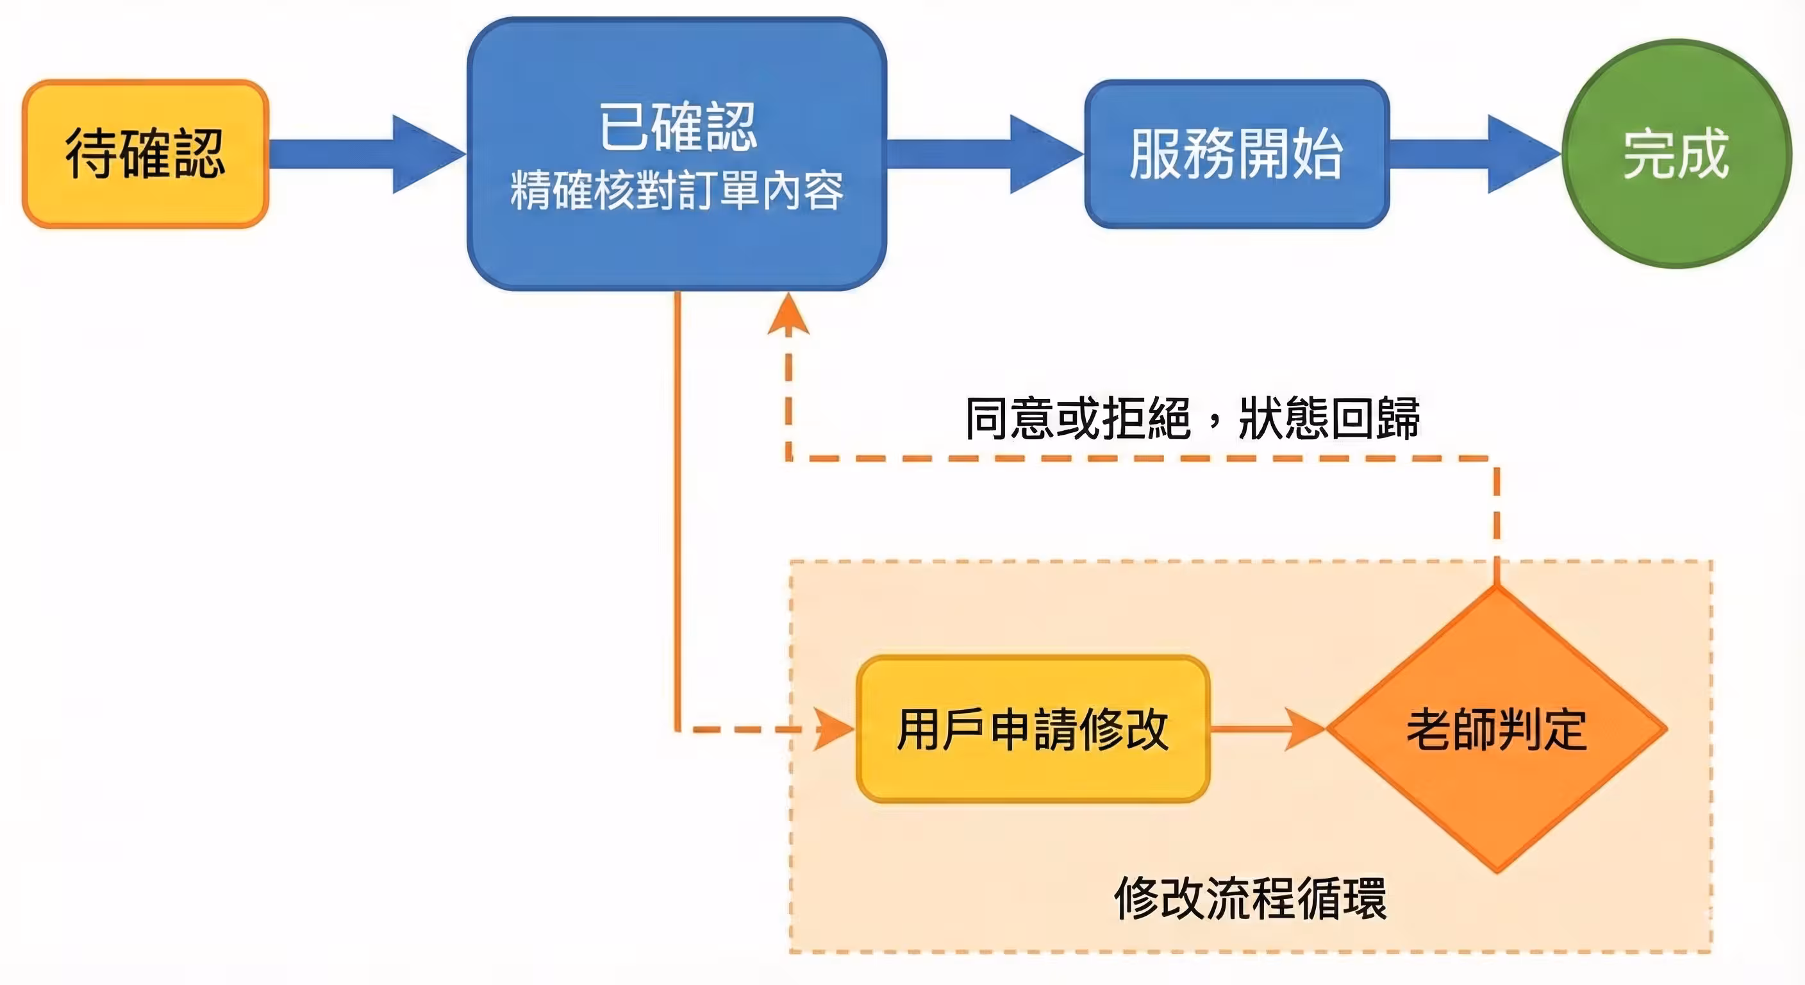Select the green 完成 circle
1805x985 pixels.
tap(1676, 153)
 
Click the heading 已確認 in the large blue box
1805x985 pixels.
tap(678, 127)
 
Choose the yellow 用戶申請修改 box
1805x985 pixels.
tap(1033, 729)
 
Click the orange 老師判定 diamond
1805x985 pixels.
tap(1497, 729)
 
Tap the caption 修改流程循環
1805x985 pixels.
tap(1250, 899)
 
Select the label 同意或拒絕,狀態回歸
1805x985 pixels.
tap(1192, 419)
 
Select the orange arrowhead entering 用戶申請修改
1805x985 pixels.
tap(834, 729)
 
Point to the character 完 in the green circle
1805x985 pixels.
tap(1648, 153)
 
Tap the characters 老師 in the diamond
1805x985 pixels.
tap(1451, 729)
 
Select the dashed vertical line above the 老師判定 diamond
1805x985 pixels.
tap(1497, 519)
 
